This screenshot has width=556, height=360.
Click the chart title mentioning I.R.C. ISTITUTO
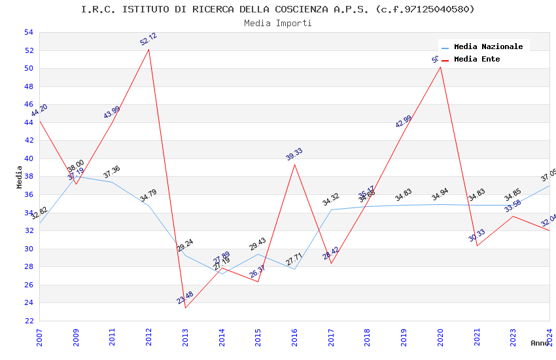(277, 9)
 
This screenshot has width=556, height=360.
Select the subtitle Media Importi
(277, 23)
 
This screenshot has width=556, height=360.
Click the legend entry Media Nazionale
(488, 46)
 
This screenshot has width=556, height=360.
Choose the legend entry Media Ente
(476, 59)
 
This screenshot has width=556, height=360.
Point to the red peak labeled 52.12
(149, 49)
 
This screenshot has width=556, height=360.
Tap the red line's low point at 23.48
(186, 308)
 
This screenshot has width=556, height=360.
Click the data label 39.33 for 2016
(294, 154)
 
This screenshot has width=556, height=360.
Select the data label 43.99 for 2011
(112, 113)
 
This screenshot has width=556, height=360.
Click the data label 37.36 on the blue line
(112, 172)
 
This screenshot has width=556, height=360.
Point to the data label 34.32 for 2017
(331, 200)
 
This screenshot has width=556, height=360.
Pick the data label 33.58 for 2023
(513, 206)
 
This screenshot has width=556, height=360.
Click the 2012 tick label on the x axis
(149, 336)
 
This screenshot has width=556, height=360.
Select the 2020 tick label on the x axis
(440, 336)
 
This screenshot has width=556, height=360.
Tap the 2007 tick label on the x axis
(40, 336)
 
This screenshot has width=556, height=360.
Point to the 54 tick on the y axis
(28, 32)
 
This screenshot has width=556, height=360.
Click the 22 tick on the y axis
(28, 321)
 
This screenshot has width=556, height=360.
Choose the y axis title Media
(19, 177)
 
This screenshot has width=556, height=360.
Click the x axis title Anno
(540, 343)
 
